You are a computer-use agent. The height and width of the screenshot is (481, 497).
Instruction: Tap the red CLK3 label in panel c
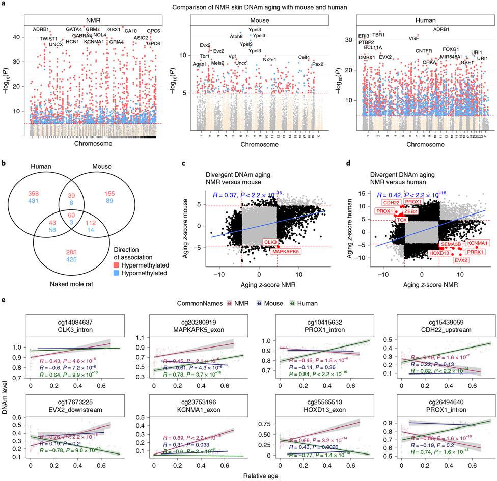click(270, 242)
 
